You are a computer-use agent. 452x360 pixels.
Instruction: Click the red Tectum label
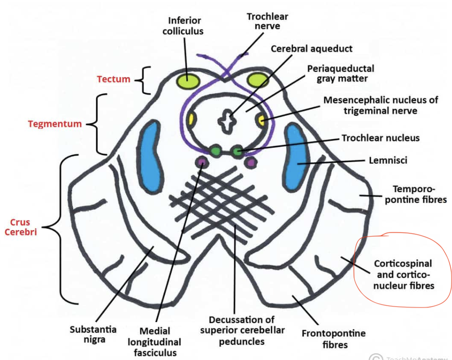113,79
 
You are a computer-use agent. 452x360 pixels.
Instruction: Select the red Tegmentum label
55,123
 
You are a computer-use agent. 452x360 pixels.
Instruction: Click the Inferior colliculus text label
185,26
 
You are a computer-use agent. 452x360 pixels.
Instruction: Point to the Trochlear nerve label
267,21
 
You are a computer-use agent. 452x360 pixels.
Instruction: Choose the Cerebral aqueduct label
311,48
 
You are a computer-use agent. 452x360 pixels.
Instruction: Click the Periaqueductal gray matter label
340,74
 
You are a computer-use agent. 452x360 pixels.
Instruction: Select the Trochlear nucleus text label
380,138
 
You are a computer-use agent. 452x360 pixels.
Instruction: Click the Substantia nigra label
93,334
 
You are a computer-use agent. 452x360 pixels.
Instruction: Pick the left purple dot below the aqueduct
202,162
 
